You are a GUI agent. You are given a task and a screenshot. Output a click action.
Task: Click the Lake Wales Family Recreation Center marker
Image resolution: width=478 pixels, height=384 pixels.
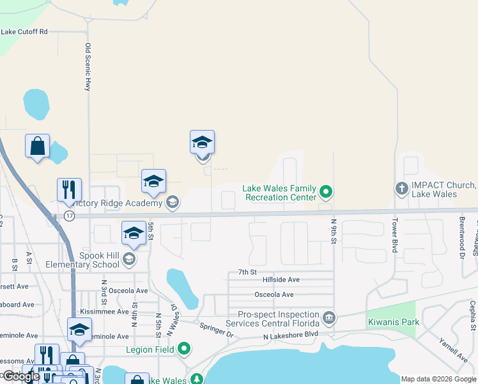tap(326, 191)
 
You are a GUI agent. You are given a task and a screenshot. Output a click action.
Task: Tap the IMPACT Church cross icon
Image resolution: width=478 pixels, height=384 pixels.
tap(401, 188)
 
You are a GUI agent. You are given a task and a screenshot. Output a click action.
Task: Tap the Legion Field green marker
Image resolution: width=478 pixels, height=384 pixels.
tap(185, 349)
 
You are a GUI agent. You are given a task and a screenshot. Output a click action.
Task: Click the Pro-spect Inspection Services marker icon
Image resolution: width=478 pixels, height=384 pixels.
tap(328, 317)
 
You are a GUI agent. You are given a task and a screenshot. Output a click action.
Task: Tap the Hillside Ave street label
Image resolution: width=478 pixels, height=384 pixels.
tap(281, 280)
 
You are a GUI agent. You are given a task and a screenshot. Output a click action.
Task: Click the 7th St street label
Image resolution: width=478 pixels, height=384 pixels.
tap(247, 272)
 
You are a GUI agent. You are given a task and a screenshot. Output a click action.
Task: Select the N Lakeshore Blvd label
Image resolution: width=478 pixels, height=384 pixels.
tap(291, 335)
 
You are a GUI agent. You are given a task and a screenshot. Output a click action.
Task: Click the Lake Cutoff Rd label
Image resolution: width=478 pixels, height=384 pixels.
tap(24, 31)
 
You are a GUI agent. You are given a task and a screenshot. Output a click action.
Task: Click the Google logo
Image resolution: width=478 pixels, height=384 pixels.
tap(21, 376)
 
